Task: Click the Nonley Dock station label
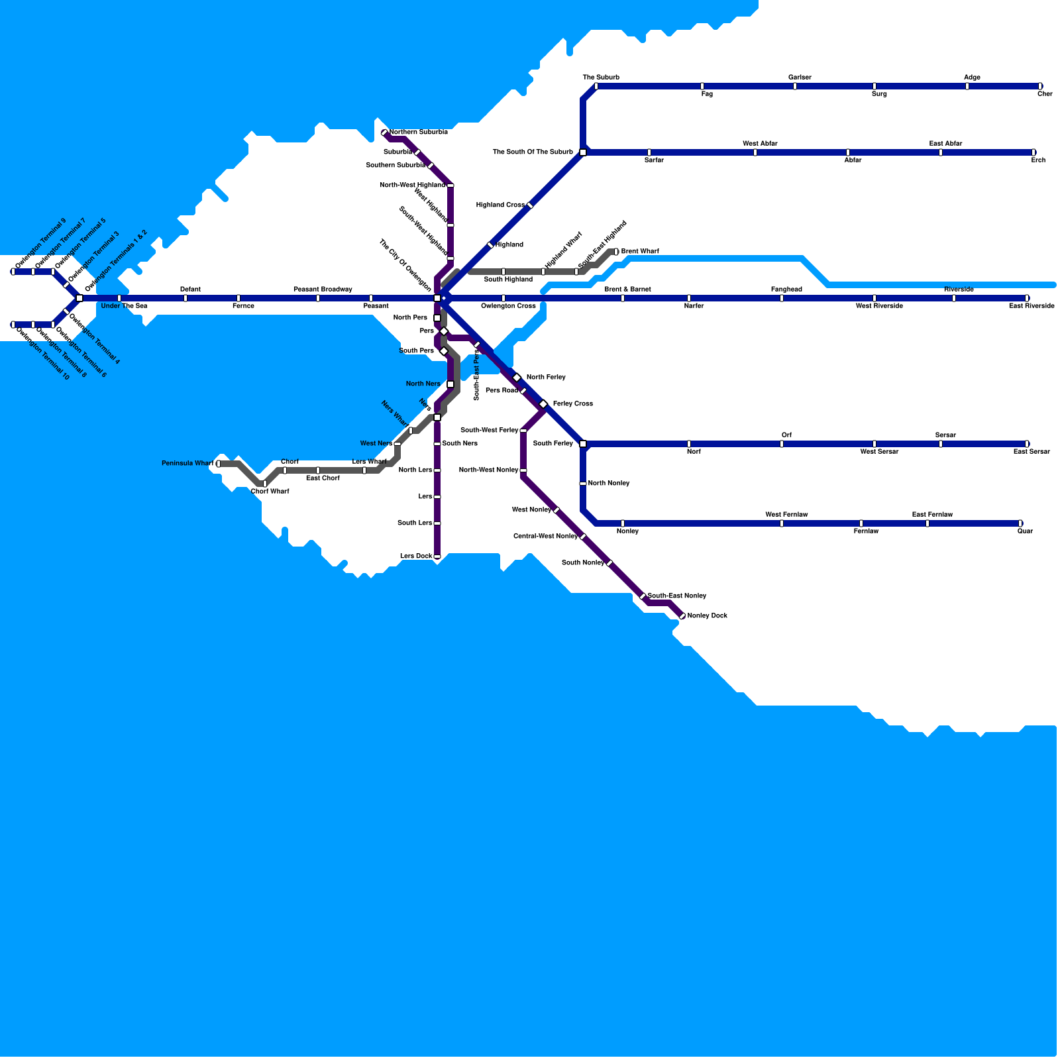coord(707,616)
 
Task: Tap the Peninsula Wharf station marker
coord(219,464)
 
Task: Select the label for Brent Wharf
coord(639,252)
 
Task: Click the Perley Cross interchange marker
coord(543,404)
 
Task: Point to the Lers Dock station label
coord(416,556)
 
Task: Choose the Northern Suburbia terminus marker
coord(384,132)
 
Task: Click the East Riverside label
coord(1032,306)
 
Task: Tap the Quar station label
coord(1025,531)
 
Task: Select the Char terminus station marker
coord(1040,86)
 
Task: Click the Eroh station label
coord(1038,160)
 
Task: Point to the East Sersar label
coord(1032,452)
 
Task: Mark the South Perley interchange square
coord(583,444)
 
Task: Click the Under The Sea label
coord(124,306)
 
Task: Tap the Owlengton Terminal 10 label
coord(42,354)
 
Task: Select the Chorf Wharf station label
coord(270,492)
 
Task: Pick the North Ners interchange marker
coord(450,384)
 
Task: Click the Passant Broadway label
coord(323,290)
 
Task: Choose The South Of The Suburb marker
coord(583,152)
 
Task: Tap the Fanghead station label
coord(786,290)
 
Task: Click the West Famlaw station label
coord(786,515)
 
